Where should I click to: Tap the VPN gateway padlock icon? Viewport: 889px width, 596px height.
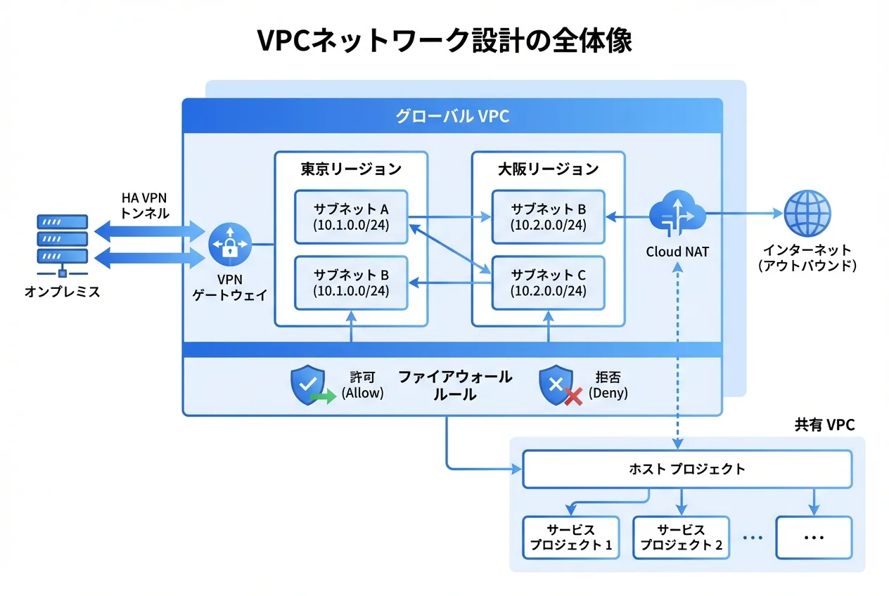click(230, 246)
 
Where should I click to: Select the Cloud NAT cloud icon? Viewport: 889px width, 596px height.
click(677, 214)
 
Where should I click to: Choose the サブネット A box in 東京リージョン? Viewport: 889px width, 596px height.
click(351, 216)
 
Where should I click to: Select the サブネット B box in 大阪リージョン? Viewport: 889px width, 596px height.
click(548, 216)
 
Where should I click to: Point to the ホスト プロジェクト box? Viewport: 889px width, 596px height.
click(687, 469)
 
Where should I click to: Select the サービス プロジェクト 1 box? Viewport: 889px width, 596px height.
click(570, 538)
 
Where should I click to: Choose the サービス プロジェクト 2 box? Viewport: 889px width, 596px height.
click(682, 538)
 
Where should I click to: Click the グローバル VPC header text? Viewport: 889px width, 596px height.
click(452, 117)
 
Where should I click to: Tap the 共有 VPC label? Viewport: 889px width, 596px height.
click(824, 425)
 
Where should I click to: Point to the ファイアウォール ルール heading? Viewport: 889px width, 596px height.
click(455, 385)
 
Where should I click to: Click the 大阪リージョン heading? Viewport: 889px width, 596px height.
click(548, 169)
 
